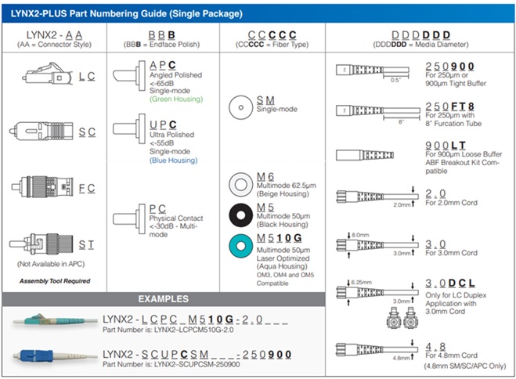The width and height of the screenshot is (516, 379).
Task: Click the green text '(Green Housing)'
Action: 175,99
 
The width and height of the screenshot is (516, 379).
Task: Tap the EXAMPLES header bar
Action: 163,298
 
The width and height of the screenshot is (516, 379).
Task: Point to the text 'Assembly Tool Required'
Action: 55,280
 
